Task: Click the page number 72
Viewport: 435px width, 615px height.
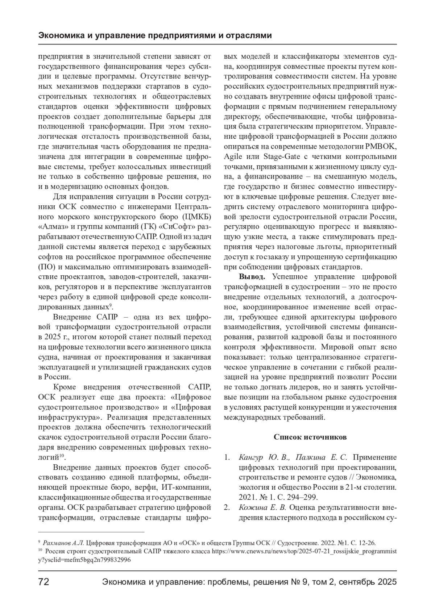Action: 44,582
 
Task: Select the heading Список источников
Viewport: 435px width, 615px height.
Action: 310,437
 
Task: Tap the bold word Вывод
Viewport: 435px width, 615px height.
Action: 252,277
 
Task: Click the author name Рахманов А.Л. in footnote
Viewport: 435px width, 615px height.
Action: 63,543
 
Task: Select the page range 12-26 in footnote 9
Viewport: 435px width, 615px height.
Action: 367,543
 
